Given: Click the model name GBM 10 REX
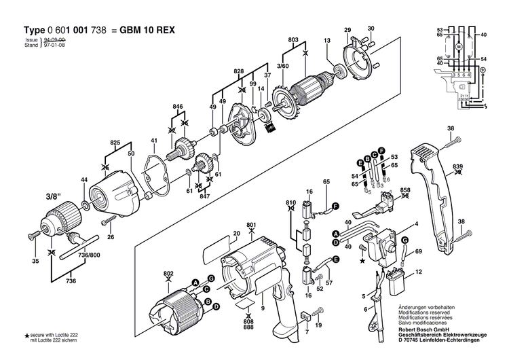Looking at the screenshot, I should [x=151, y=31].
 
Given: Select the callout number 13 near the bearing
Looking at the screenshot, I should [x=326, y=41].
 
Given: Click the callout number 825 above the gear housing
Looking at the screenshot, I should [x=115, y=143].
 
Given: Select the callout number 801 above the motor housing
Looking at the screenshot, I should [x=252, y=224].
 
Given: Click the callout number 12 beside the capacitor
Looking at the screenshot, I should [x=419, y=272].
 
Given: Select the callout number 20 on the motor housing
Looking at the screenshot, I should [x=236, y=234].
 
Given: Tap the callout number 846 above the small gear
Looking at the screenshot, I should [x=178, y=107].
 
